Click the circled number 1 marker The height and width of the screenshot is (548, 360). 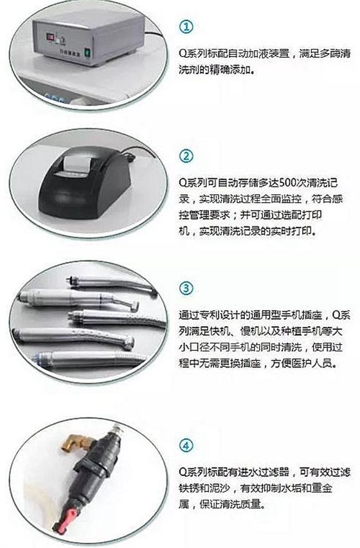coord(186,26)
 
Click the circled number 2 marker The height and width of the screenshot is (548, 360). coord(186,156)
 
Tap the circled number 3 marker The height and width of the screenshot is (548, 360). coord(186,288)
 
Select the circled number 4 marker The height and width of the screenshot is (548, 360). coord(186,445)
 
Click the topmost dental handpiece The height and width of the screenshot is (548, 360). coord(112,284)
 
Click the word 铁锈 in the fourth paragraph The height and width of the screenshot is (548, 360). coord(189,488)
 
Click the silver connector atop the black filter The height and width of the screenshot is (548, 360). coord(118,428)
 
